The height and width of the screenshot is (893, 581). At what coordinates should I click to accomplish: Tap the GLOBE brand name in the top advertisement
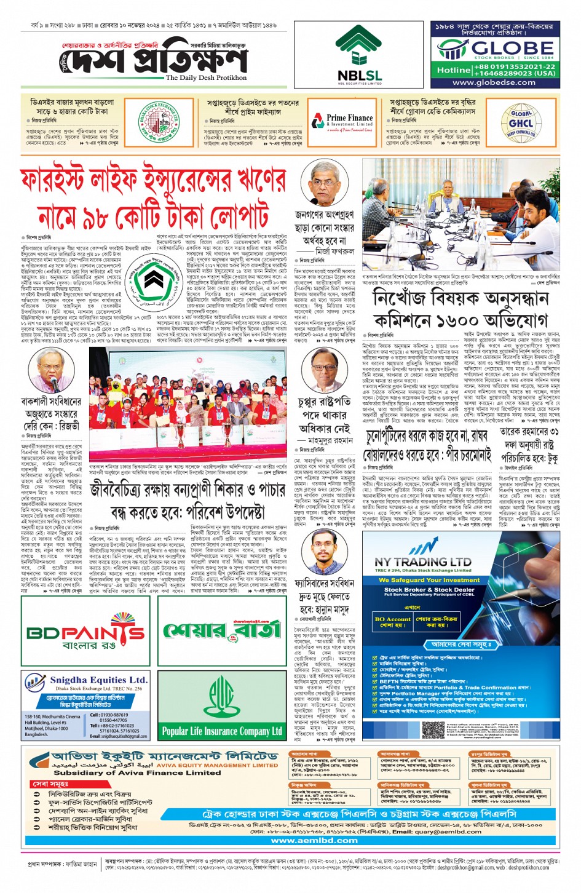pos(512,47)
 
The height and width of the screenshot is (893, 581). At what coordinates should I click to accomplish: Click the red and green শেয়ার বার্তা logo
pos(222,629)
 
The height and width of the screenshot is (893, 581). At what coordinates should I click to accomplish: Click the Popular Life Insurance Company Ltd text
pos(222,731)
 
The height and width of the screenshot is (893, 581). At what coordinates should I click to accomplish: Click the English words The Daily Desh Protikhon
pos(206,78)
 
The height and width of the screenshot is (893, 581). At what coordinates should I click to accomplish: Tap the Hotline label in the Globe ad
pos(454,70)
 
